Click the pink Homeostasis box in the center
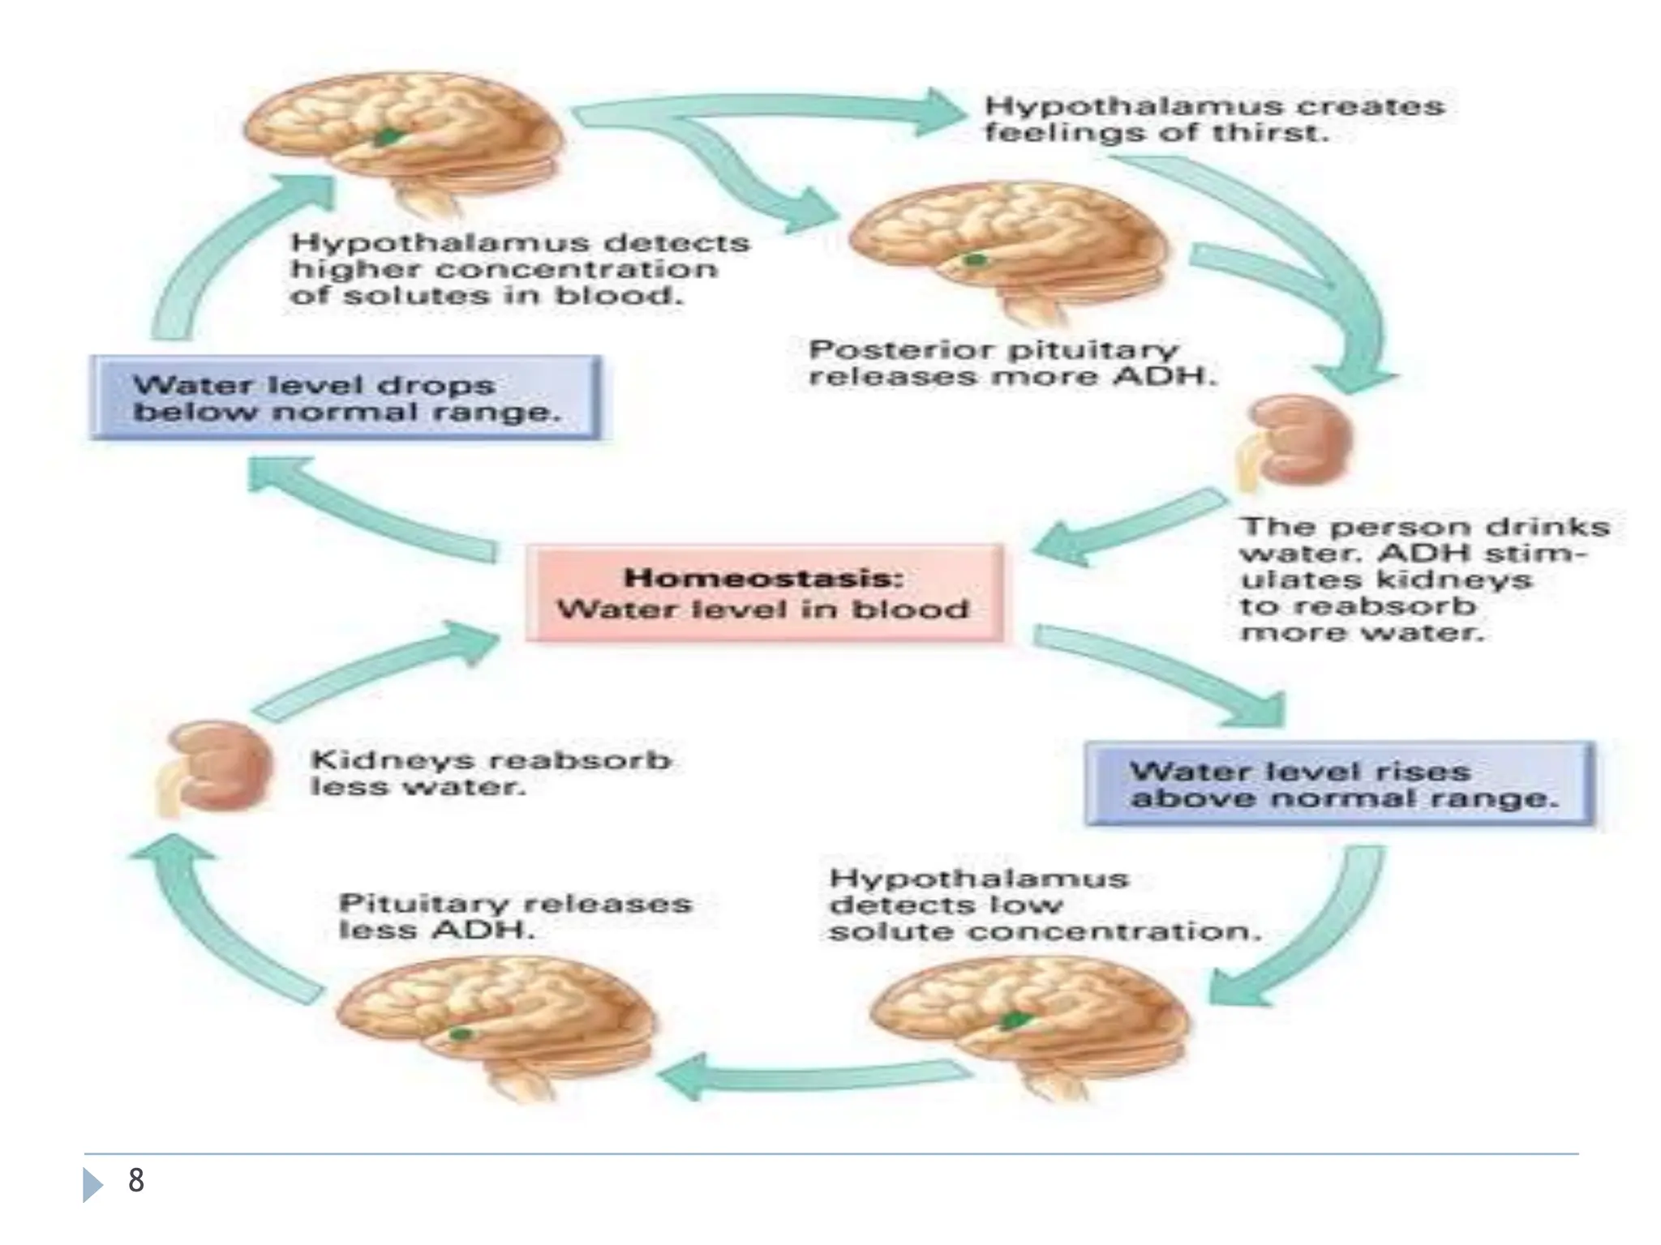tap(764, 593)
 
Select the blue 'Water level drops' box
tap(346, 398)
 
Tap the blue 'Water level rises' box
tap(1340, 784)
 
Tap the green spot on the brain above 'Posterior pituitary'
tap(975, 260)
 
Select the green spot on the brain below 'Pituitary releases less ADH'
tap(460, 1034)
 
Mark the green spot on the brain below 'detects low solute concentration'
tap(1014, 1020)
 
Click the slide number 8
tap(136, 1180)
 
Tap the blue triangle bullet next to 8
tap(92, 1185)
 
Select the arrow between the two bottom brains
tap(811, 1076)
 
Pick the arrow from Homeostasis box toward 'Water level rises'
tap(1160, 673)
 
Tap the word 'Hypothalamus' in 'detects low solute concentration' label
tap(978, 879)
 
